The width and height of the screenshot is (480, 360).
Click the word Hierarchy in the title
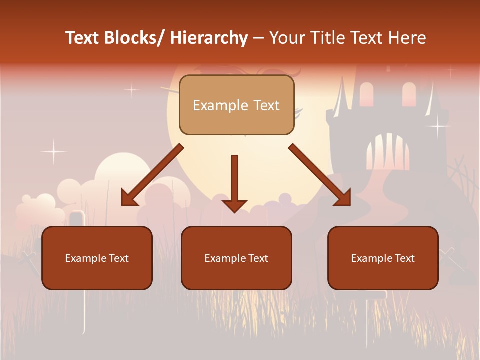point(208,38)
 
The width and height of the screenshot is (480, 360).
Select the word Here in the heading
point(408,38)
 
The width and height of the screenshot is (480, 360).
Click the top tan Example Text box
point(236,105)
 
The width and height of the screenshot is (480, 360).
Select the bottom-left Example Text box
point(97,258)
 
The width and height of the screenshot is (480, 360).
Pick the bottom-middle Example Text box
point(236,258)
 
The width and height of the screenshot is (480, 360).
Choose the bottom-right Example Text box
point(383,258)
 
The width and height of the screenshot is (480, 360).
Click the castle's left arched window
point(366,94)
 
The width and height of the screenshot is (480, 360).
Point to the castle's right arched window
point(409,94)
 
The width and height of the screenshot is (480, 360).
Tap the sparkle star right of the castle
point(438,125)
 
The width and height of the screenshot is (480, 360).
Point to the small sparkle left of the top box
point(131,90)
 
